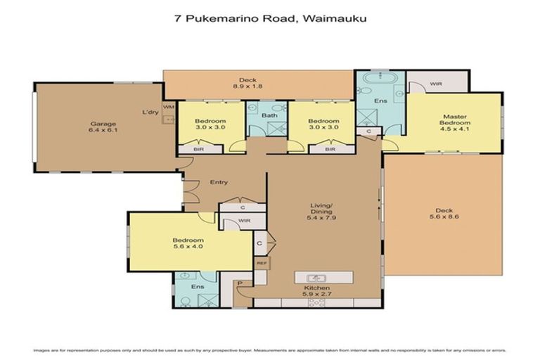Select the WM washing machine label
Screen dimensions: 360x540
click(168, 107)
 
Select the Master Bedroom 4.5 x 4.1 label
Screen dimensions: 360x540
click(455, 123)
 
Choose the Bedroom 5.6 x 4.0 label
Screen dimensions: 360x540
click(188, 243)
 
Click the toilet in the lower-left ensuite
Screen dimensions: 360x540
click(184, 299)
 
